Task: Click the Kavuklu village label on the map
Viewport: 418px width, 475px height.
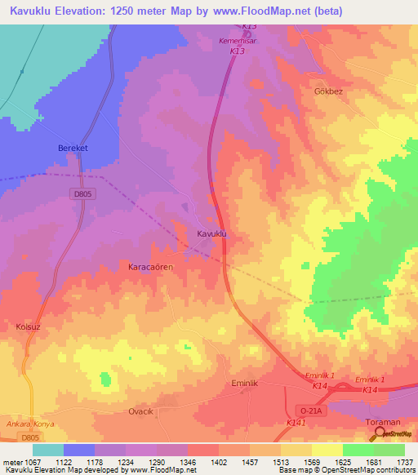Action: (211, 234)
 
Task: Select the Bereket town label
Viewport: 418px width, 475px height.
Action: (72, 148)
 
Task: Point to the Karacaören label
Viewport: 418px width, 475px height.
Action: (153, 267)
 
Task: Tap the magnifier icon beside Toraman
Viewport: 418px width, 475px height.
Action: (377, 433)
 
